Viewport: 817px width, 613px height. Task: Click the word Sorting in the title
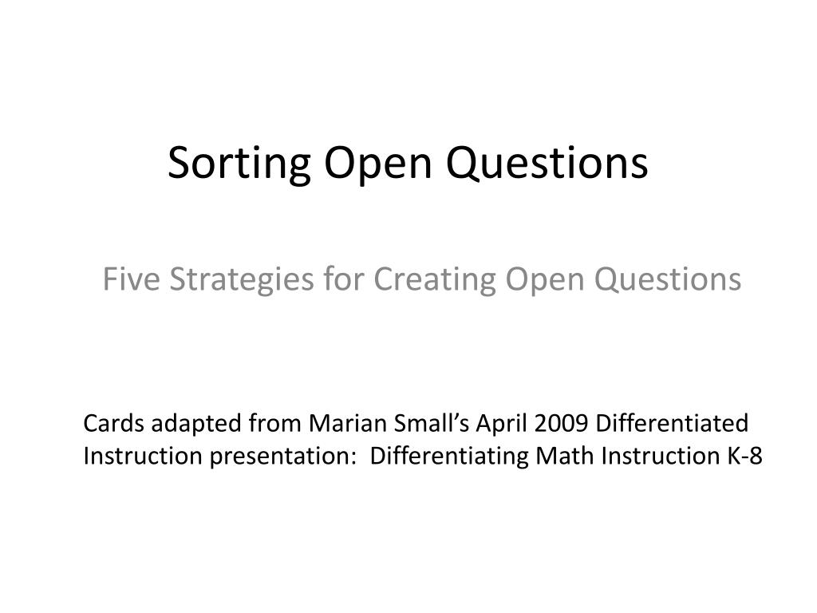239,164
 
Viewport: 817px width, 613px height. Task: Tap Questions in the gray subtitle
668,279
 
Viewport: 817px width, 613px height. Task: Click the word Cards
113,423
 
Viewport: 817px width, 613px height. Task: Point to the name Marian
347,423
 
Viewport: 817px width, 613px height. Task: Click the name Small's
431,423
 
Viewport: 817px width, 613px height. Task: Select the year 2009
561,424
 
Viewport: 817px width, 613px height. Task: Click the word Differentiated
672,423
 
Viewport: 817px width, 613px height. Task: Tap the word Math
565,456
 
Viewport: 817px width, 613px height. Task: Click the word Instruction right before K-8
660,456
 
